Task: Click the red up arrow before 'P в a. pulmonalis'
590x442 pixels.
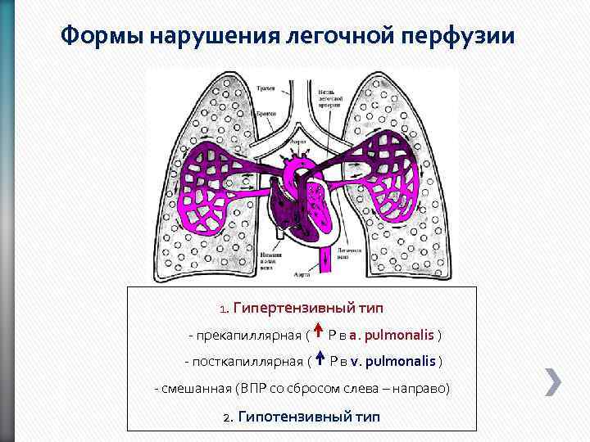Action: point(317,333)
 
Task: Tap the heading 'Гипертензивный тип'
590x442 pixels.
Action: point(308,309)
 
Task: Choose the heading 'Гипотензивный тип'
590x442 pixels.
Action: point(309,416)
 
